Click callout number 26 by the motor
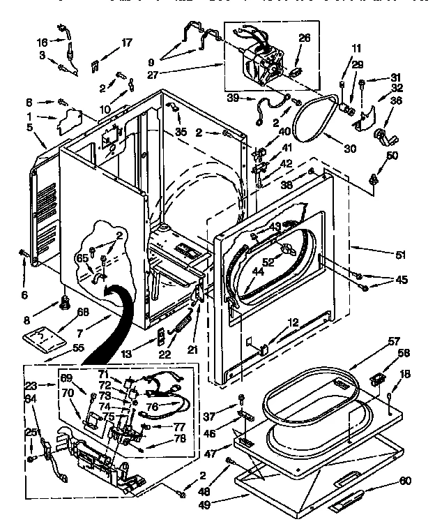point(303,38)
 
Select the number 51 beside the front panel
point(400,255)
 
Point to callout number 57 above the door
point(394,341)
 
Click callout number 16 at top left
point(41,42)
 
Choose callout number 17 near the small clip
point(126,43)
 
